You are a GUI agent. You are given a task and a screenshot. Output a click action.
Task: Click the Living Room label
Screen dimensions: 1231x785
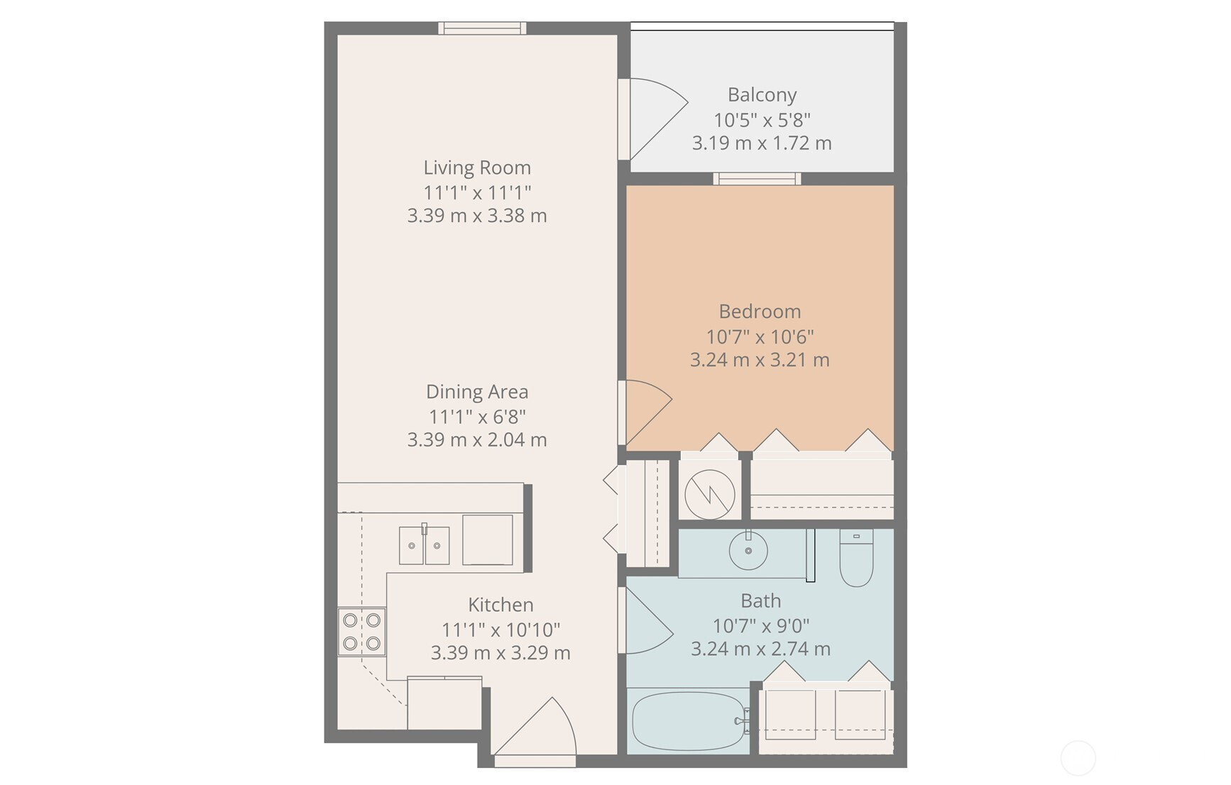click(x=477, y=168)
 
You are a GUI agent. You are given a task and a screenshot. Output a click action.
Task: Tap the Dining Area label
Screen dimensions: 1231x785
click(x=477, y=392)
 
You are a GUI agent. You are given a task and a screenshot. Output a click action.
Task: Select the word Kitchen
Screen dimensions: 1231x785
click(x=500, y=605)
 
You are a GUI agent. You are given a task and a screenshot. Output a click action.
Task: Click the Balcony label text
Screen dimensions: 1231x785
click(x=762, y=95)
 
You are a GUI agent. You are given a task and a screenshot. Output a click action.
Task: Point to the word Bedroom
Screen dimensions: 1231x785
click(x=760, y=312)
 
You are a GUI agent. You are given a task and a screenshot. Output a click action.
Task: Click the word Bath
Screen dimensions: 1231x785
click(x=760, y=601)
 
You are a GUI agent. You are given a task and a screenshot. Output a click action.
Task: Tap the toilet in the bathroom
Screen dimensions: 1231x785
click(x=856, y=558)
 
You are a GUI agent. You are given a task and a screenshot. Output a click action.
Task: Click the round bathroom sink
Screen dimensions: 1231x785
click(x=748, y=550)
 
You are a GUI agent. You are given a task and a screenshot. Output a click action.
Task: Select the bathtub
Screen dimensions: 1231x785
click(x=689, y=721)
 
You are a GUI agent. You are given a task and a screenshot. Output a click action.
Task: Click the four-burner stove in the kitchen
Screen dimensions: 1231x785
click(x=361, y=632)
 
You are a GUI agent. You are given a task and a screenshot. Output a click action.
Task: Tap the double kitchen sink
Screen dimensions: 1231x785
click(x=424, y=545)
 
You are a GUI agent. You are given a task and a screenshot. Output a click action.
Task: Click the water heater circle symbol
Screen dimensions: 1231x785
click(x=709, y=494)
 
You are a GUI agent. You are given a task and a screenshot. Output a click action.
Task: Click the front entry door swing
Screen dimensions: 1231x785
click(x=535, y=726)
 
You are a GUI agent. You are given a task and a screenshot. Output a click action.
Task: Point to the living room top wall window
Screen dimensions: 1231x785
click(x=482, y=28)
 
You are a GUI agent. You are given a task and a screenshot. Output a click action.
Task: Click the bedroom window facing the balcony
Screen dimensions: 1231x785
click(x=757, y=179)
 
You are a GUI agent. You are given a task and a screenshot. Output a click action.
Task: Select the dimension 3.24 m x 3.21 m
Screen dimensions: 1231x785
click(x=760, y=360)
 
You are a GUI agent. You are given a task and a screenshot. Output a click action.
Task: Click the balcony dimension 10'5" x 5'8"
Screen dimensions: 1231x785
click(x=762, y=120)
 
